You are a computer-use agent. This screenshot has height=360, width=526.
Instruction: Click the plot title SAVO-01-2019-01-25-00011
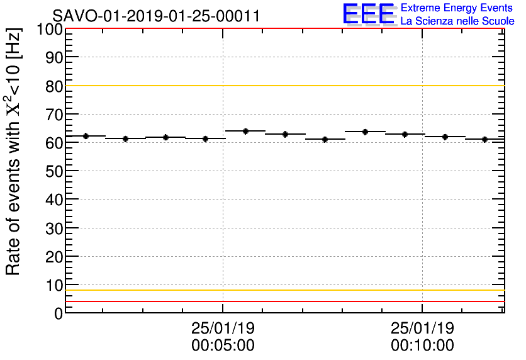tap(156, 16)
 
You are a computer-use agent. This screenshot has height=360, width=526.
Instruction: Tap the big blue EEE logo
tap(369, 14)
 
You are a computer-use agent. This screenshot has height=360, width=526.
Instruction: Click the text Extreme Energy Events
tap(457, 8)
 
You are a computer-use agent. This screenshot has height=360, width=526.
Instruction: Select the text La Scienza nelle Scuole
tap(457, 21)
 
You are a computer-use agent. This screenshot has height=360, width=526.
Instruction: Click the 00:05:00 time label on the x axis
tap(223, 346)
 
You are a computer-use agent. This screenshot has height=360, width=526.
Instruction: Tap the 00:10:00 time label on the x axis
tap(422, 346)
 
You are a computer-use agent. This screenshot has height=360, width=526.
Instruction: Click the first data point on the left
tap(86, 136)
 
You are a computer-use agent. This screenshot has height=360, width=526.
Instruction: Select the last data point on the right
tap(484, 139)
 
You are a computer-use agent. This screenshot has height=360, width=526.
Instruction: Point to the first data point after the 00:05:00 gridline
tap(245, 131)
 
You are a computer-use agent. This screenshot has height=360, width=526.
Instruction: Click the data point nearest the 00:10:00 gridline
tap(405, 134)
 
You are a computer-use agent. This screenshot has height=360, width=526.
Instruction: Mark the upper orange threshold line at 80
tap(283, 86)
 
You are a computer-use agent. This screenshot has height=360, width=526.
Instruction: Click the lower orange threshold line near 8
tap(283, 290)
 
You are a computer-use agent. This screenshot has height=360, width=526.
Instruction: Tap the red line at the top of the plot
tap(283, 29)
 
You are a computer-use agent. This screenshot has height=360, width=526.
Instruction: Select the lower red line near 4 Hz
tap(283, 301)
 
